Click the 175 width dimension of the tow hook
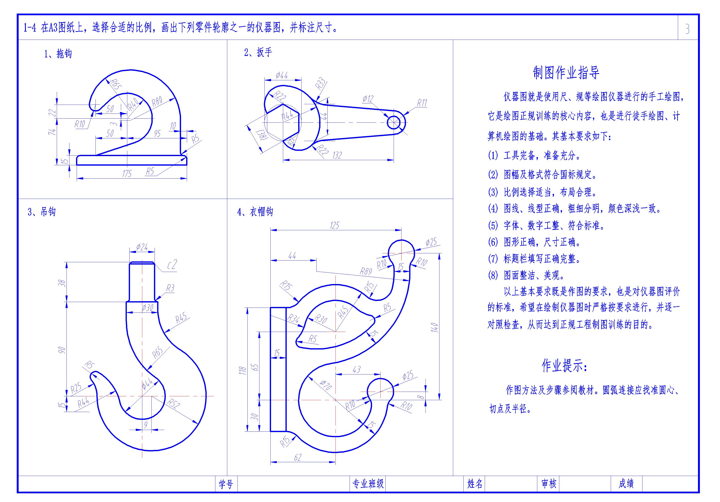coord(127,173)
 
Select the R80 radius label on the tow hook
coord(157,101)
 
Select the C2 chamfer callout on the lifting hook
coord(172,265)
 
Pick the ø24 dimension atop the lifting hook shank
coord(142,247)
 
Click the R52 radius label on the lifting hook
coord(173,404)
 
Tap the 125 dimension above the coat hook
coord(335,225)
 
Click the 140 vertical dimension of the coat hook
coord(434,327)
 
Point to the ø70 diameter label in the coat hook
coord(326,385)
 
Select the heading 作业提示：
coord(565,366)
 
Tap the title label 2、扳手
coord(258,52)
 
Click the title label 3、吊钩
coord(42,212)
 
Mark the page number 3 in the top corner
coord(687,29)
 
